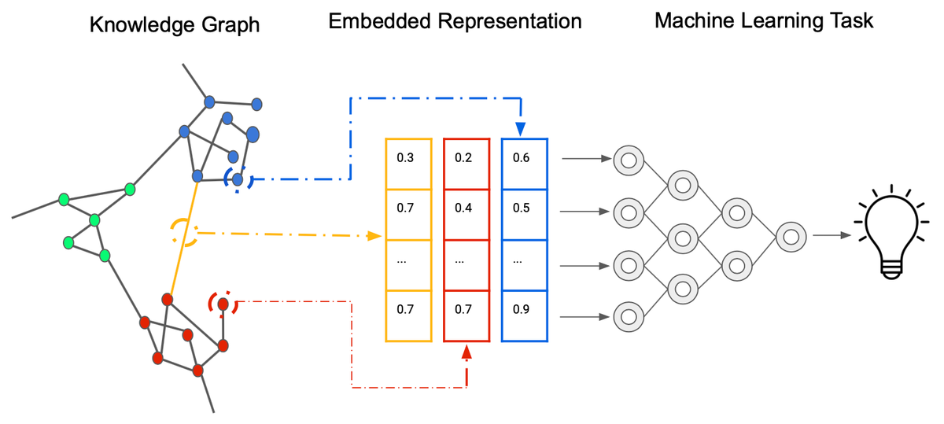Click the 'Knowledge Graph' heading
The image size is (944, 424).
tap(175, 24)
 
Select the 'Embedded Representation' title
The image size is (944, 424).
tap(455, 21)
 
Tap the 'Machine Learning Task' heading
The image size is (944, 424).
tap(764, 20)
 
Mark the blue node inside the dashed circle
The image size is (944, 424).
tap(238, 179)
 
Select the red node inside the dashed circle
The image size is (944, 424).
tap(223, 304)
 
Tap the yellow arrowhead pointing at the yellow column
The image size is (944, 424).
tap(374, 235)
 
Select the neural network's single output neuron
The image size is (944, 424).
tap(789, 235)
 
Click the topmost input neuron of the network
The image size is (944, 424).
tap(628, 160)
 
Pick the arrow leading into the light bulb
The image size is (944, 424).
tap(831, 235)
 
